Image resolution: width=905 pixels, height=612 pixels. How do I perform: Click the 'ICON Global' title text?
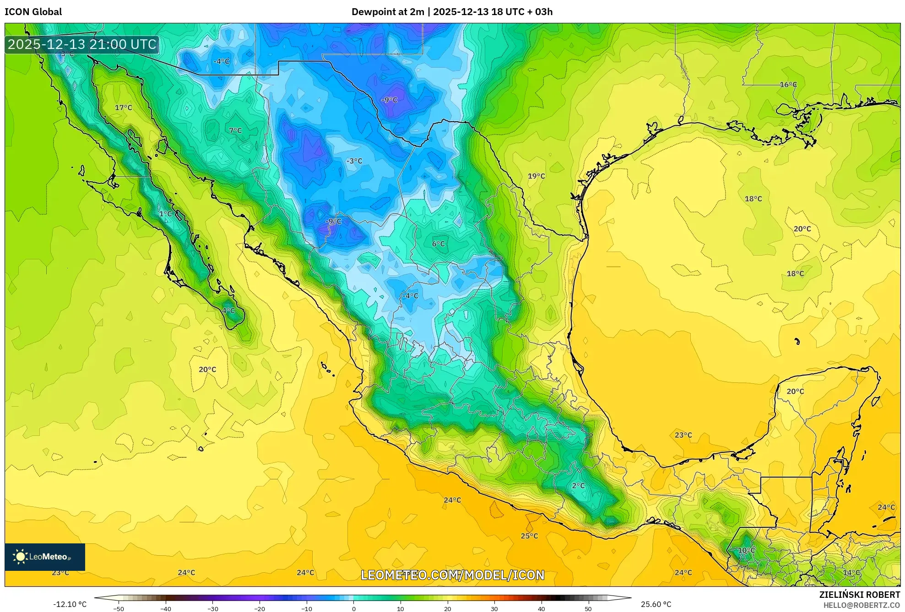pos(33,12)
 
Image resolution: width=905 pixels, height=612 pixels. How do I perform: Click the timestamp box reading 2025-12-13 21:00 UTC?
pos(82,44)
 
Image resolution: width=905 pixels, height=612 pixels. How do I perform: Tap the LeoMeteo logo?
pos(44,557)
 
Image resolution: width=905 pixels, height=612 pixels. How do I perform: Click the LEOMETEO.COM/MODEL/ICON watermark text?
pos(452,575)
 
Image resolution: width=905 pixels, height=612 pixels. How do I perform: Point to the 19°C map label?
pos(536,176)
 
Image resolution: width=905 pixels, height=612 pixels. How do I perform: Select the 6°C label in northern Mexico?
pos(438,244)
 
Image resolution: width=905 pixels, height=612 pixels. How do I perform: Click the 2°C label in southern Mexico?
pos(578,486)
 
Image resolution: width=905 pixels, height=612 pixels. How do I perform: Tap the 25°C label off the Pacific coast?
pos(529,536)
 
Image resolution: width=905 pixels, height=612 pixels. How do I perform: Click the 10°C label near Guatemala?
pos(746,550)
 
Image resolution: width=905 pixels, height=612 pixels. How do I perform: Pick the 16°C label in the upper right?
pos(788,85)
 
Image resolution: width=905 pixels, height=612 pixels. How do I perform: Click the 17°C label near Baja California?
pos(123,107)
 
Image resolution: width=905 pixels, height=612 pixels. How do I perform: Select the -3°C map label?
pos(354,161)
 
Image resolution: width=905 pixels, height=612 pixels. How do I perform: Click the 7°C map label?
pos(235,130)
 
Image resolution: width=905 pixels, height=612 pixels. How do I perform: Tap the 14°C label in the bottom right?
pos(851,573)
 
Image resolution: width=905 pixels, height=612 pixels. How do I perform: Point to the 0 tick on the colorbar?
pos(353,609)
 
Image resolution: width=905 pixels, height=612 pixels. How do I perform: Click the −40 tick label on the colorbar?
pos(165,609)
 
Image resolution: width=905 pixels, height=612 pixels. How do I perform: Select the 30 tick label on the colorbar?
pos(494,609)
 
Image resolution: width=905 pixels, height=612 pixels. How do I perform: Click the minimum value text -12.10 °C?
pos(70,604)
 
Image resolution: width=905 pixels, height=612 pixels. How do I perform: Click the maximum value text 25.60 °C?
pos(656,604)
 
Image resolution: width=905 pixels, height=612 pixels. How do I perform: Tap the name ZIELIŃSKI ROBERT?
pos(859,595)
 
